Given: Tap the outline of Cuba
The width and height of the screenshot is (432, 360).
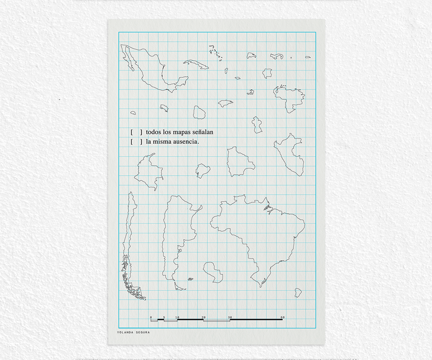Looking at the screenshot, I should [196, 64].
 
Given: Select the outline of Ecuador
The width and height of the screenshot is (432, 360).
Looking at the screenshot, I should [203, 171].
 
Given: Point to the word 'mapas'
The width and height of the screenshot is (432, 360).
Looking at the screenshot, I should [181, 132].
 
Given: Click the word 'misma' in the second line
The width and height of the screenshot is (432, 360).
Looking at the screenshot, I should [162, 142].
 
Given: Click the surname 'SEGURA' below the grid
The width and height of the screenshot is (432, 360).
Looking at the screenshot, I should [143, 332].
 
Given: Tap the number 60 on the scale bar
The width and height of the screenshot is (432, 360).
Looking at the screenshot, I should [283, 317].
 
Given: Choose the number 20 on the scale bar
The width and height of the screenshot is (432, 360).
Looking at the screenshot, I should [204, 317].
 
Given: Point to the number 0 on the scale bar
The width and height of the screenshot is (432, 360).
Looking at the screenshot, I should [151, 317].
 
